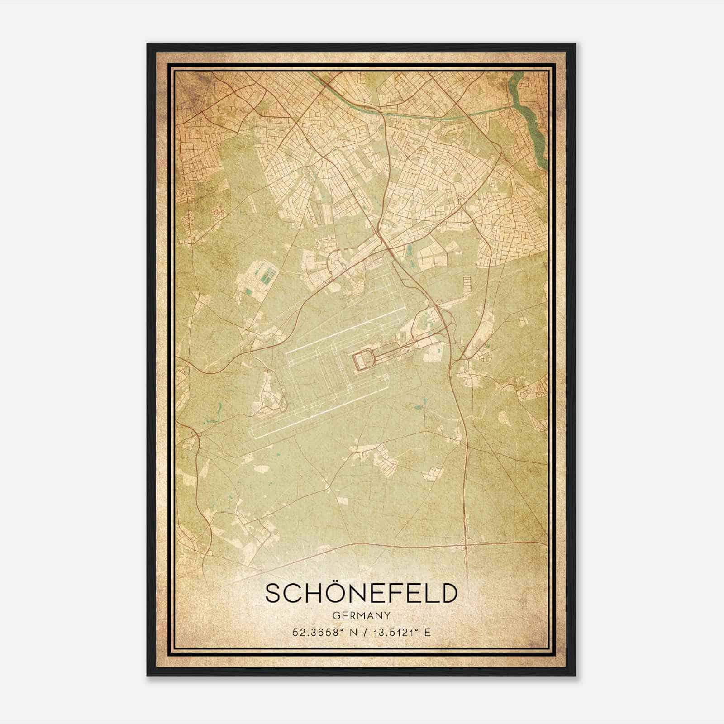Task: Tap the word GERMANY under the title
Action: point(361,616)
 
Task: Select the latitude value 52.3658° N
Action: point(317,633)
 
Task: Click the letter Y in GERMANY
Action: point(387,616)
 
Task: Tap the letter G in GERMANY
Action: point(335,616)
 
